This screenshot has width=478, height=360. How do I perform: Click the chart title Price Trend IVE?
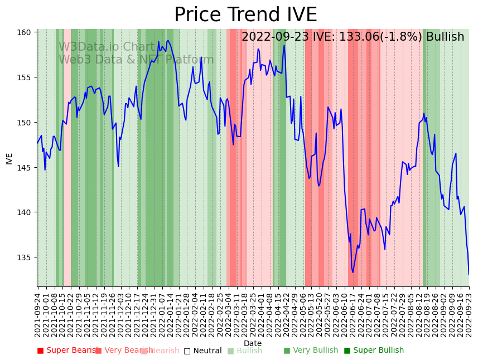pyautogui.click(x=245, y=15)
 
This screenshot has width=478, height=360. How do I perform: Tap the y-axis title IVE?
pyautogui.click(x=9, y=158)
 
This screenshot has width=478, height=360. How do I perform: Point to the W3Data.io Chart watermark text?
pyautogui.click(x=107, y=47)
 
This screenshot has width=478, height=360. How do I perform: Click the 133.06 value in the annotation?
pyautogui.click(x=357, y=37)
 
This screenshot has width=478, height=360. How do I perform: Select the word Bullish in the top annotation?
pyautogui.click(x=445, y=37)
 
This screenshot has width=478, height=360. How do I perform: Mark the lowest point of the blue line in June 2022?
pyautogui.click(x=353, y=273)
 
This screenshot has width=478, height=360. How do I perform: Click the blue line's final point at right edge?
pyautogui.click(x=469, y=274)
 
